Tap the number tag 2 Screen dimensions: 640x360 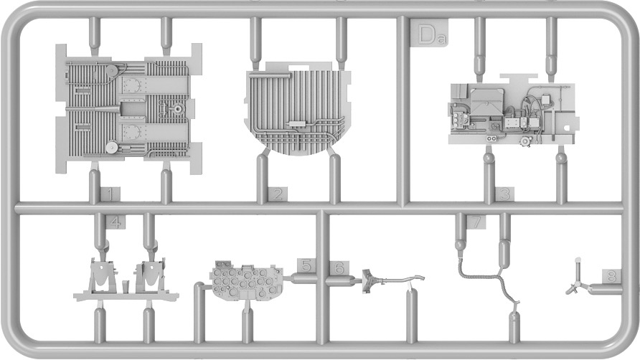[x=278, y=194]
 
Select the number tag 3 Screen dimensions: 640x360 [x=505, y=194]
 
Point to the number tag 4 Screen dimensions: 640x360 [x=116, y=222]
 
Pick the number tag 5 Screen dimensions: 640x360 [x=306, y=266]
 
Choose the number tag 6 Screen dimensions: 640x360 [x=339, y=267]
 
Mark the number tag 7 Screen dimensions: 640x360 [x=476, y=222]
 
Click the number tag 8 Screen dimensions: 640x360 [x=611, y=276]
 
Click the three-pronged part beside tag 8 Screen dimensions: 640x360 [x=577, y=282]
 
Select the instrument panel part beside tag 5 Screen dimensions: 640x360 [x=247, y=280]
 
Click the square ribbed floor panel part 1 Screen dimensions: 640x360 [x=128, y=108]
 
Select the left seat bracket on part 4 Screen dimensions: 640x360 [x=102, y=275]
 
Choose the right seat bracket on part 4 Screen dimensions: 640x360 [x=151, y=275]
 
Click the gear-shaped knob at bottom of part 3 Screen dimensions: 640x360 [x=524, y=141]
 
